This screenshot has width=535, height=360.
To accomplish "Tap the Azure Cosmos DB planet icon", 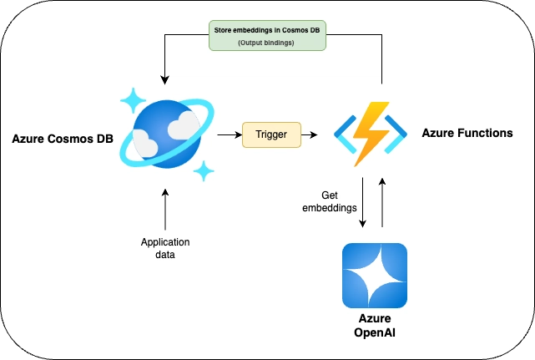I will (169, 134).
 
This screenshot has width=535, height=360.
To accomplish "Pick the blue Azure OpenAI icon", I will (375, 276).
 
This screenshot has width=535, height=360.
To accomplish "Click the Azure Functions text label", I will (467, 133).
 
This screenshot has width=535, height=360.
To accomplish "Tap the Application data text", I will (165, 249).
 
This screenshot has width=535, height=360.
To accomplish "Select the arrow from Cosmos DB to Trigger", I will (226, 134).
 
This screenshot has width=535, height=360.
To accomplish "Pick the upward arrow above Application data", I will (165, 207).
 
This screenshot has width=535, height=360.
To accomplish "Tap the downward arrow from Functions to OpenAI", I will (363, 201).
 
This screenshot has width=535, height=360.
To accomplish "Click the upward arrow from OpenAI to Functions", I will (382, 201).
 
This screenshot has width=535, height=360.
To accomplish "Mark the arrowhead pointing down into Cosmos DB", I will (164, 80).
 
